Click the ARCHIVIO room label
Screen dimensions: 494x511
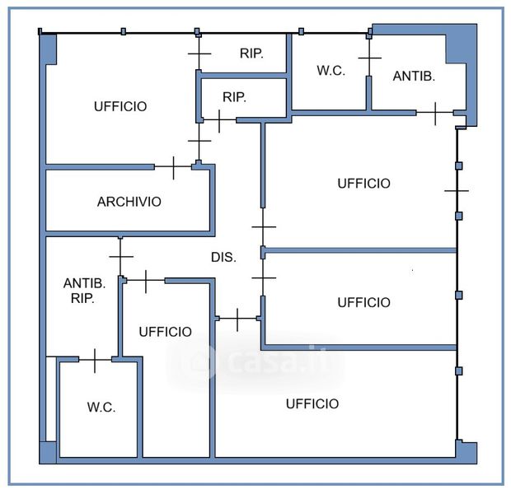click(129, 202)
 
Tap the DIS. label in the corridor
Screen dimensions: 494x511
click(223, 258)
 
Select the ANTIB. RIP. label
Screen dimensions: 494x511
click(85, 291)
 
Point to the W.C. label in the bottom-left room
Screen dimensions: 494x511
click(101, 408)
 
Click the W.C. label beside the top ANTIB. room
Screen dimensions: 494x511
click(331, 71)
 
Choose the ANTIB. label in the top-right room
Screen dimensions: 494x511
click(413, 76)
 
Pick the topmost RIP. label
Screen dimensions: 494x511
click(251, 54)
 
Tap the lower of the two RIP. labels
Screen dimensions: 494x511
click(234, 97)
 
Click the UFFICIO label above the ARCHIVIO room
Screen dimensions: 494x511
click(120, 106)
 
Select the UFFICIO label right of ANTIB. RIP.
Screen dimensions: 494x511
click(165, 332)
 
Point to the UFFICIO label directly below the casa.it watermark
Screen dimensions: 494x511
click(312, 403)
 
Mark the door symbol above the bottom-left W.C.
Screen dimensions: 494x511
click(96, 360)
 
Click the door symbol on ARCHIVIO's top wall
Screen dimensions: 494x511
click(173, 167)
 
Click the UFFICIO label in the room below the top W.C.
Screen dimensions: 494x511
click(363, 184)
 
